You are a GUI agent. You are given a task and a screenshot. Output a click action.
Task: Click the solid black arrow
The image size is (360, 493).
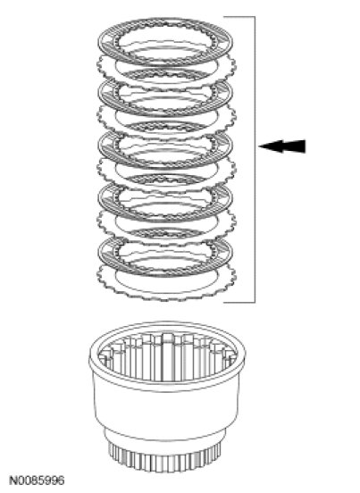(281, 146)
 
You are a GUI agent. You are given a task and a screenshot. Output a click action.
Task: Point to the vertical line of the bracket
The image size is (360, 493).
(255, 159)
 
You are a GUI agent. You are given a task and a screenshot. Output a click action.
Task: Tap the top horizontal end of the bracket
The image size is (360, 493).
(239, 17)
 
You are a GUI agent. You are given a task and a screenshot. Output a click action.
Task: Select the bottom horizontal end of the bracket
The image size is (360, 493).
(239, 302)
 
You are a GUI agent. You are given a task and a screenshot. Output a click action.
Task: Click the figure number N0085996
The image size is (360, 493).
(37, 480)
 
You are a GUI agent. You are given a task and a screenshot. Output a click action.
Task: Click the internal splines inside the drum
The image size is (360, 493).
(167, 358)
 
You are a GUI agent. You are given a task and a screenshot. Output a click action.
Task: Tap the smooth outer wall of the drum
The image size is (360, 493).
(167, 409)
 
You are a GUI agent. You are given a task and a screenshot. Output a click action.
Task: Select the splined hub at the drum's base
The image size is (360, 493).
(166, 459)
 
